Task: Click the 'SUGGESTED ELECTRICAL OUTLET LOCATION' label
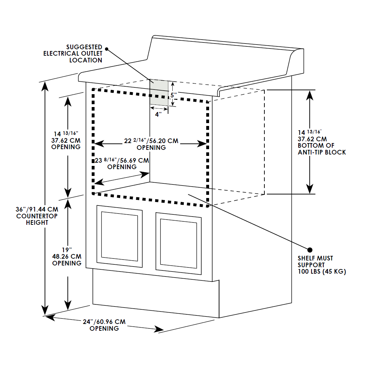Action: [x=73, y=54]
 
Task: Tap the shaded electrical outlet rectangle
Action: [x=159, y=92]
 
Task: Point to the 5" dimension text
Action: [x=174, y=95]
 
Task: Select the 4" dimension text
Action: [x=158, y=114]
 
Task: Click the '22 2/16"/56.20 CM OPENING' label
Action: [x=151, y=144]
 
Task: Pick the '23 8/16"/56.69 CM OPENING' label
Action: [x=122, y=163]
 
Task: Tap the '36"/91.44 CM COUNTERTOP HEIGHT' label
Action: [x=37, y=216]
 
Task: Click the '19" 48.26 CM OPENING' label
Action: [x=67, y=257]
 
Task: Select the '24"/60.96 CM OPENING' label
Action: [x=104, y=325]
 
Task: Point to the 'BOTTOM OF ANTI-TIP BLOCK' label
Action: [x=322, y=149]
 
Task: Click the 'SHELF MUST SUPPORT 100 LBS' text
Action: [x=322, y=265]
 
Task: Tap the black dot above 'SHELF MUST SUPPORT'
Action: [x=310, y=250]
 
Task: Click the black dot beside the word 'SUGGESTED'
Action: [x=107, y=49]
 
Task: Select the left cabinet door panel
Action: [x=120, y=236]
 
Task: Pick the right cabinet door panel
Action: [x=178, y=243]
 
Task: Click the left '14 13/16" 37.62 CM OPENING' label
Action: [x=66, y=140]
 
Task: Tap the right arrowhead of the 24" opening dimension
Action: [x=159, y=329]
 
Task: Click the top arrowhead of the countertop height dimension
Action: [x=45, y=87]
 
